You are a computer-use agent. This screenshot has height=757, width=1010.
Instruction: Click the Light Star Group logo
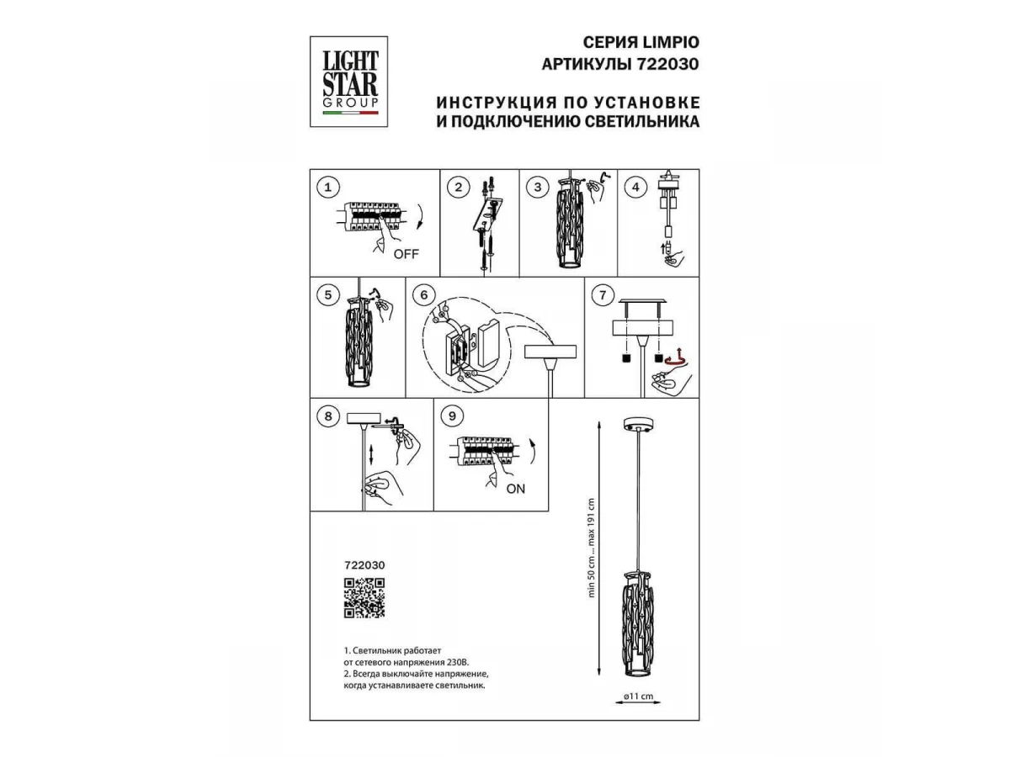(x=348, y=82)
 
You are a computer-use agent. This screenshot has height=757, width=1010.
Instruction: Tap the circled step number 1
(x=327, y=188)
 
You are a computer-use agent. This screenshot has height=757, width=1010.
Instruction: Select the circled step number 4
(x=635, y=188)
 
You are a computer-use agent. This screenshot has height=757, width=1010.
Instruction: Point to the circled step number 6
(x=424, y=295)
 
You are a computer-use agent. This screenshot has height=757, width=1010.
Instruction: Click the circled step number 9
(x=452, y=416)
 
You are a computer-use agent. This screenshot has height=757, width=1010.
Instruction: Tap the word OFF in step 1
(x=406, y=254)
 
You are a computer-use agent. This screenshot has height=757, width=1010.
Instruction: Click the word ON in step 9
(x=515, y=489)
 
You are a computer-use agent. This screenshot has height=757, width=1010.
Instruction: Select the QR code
(x=364, y=598)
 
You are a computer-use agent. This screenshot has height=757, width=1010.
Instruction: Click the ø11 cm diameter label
(x=638, y=696)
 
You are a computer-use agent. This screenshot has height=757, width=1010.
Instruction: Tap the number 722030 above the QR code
(x=364, y=565)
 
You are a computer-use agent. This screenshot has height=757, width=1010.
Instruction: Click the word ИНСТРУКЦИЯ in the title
(x=495, y=102)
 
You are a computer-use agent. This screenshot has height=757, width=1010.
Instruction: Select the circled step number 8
(x=327, y=416)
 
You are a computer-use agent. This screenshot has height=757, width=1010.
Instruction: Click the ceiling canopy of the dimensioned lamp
(x=638, y=425)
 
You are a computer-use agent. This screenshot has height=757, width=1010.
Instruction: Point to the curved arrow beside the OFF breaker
(x=418, y=216)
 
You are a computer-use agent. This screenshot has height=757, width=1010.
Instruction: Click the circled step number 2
(x=458, y=188)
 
